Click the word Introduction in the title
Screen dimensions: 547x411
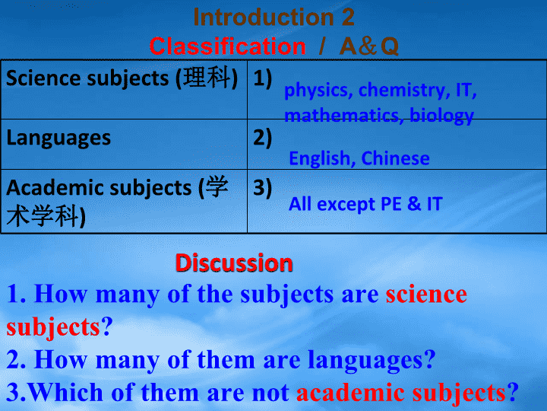pyautogui.click(x=264, y=17)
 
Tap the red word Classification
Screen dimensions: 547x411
pyautogui.click(x=228, y=46)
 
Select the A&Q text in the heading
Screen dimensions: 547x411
pyautogui.click(x=369, y=46)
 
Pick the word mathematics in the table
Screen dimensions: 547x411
pyautogui.click(x=343, y=116)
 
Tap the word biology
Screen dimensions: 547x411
pyautogui.click(x=442, y=116)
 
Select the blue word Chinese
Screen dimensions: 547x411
pyautogui.click(x=395, y=158)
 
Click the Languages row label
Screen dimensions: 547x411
pyautogui.click(x=58, y=139)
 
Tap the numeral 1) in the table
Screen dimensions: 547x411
pyautogui.click(x=262, y=78)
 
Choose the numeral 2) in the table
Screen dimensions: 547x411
pyautogui.click(x=262, y=138)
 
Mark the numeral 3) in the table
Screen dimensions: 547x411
pyautogui.click(x=262, y=188)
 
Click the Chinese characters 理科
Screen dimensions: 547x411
pyautogui.click(x=207, y=77)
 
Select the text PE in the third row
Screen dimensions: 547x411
pyautogui.click(x=391, y=204)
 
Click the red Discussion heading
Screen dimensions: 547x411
pyautogui.click(x=234, y=263)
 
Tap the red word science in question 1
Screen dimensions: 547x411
pyautogui.click(x=426, y=294)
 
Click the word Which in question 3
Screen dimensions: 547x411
pyautogui.click(x=65, y=392)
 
